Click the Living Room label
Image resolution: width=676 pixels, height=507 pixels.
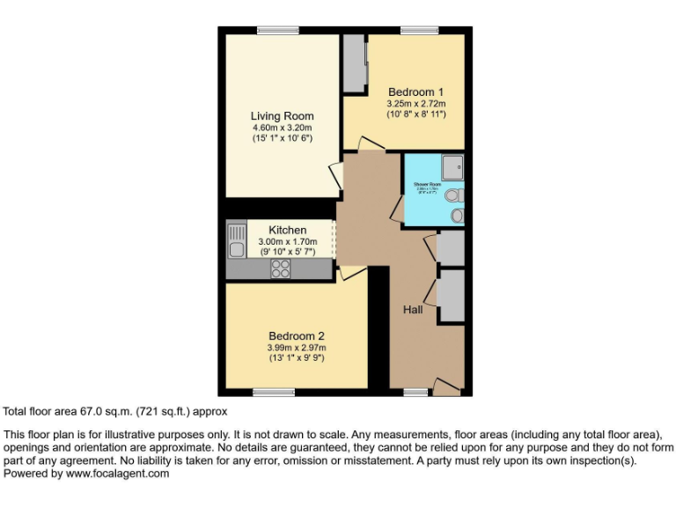282,116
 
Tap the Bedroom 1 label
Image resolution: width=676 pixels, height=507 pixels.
415,92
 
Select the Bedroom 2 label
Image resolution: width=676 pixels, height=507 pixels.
297,335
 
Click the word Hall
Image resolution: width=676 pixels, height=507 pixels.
413,310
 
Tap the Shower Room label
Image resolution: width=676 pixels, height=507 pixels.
428,185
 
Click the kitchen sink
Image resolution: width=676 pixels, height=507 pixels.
236,238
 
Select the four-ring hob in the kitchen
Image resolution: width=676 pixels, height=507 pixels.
281,270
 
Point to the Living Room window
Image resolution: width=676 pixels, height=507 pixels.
276,31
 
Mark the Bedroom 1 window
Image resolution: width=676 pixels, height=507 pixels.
419,31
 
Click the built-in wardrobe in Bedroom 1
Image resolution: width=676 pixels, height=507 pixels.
355,64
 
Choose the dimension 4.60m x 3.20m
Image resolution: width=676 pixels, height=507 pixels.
282,128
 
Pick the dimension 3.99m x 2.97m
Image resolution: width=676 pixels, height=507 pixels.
297,348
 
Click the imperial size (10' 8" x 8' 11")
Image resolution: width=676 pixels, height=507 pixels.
415,114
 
